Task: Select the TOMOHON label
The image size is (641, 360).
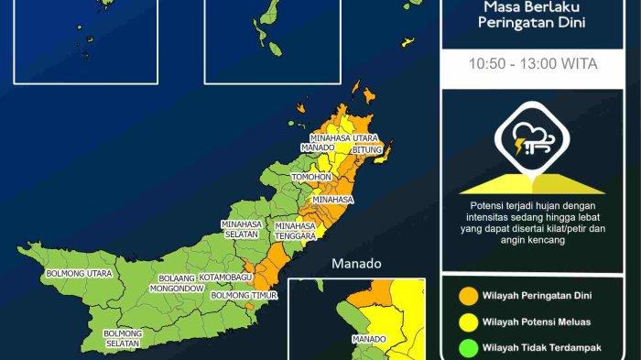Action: click(310, 176)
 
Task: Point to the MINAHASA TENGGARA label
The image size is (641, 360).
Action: click(296, 230)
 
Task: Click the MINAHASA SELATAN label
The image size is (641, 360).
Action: click(242, 229)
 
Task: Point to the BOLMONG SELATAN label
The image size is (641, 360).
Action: click(122, 338)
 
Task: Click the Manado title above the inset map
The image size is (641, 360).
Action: click(357, 264)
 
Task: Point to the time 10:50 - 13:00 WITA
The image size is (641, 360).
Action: click(532, 65)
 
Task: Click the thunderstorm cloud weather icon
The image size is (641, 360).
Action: click(532, 140)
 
